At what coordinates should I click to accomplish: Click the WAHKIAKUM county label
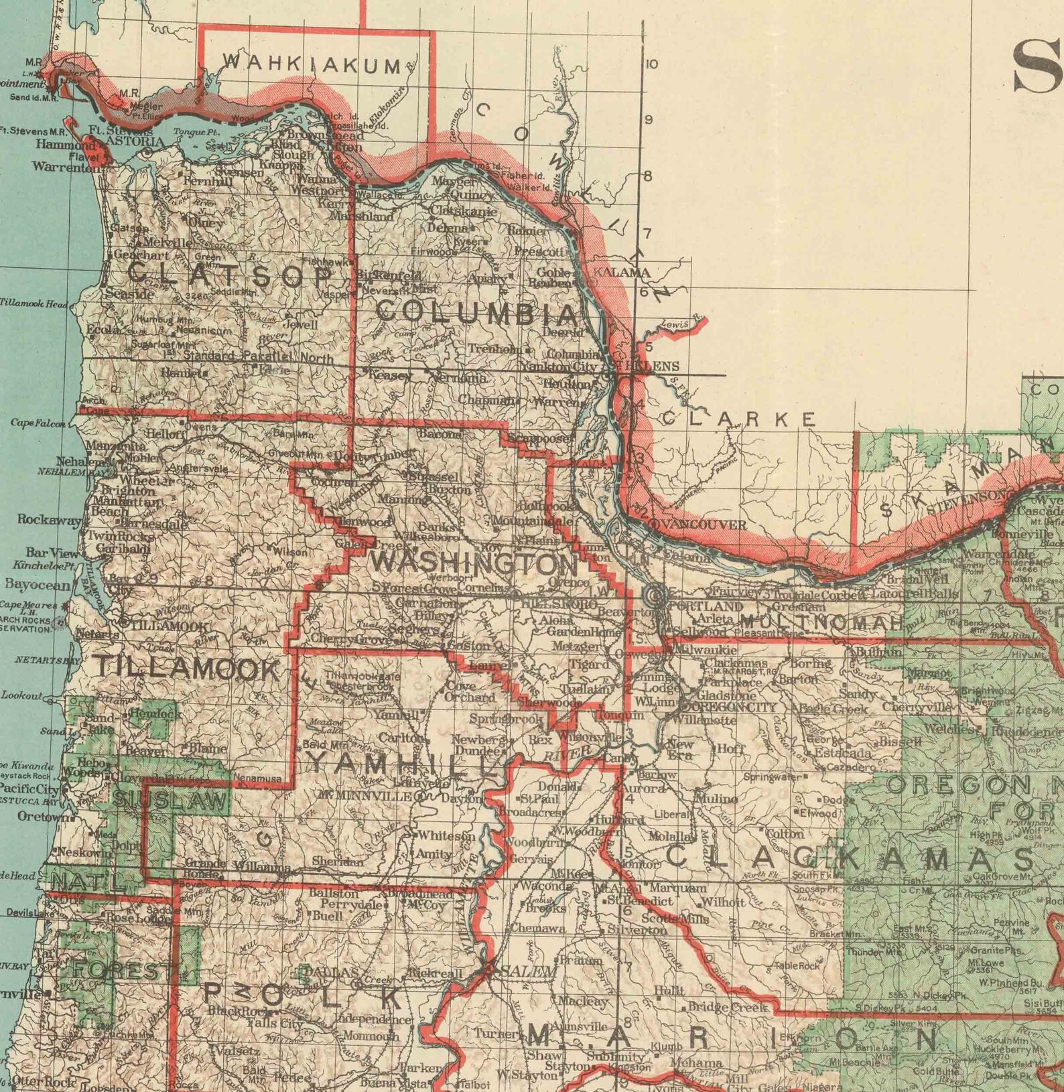click(312, 64)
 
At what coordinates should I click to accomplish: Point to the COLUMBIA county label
click(477, 312)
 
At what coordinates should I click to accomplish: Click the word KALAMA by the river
click(622, 273)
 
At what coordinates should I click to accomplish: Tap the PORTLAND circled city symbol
click(655, 594)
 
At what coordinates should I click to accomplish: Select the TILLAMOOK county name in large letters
click(188, 669)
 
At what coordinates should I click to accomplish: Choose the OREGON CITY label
click(731, 707)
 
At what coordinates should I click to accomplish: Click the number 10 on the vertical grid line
click(651, 64)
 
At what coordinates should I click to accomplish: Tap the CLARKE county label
click(739, 419)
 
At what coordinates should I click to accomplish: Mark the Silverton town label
click(637, 930)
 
